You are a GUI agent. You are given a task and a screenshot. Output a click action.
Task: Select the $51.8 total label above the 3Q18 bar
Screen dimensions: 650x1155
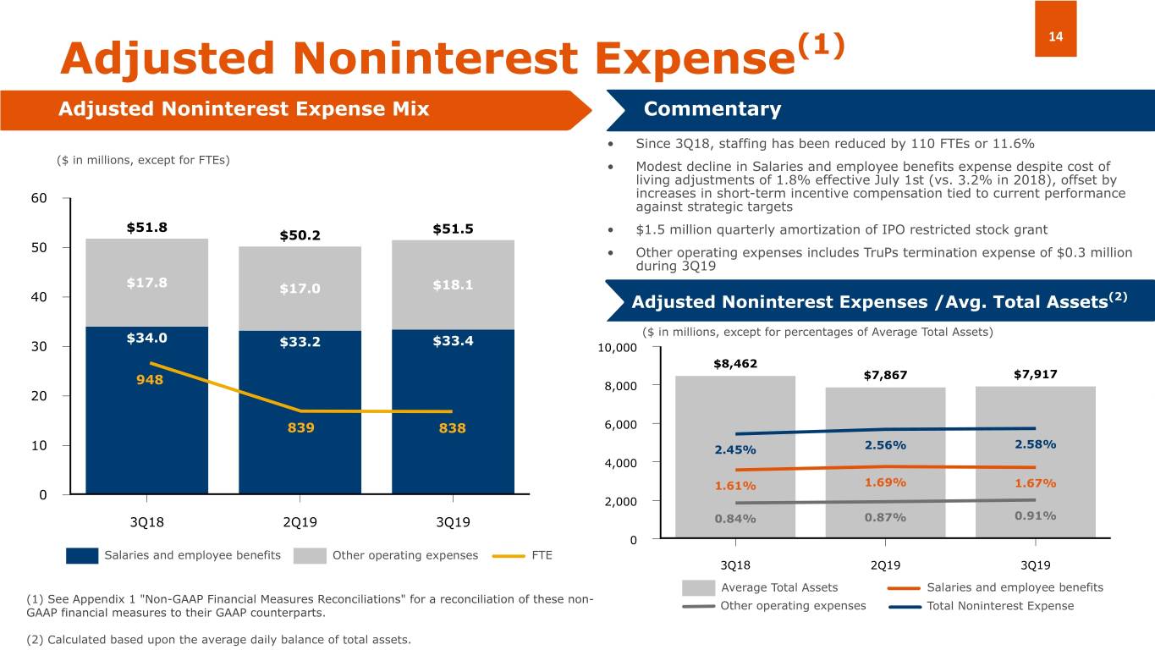146,228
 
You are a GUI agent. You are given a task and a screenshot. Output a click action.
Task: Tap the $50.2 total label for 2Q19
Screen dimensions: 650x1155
300,234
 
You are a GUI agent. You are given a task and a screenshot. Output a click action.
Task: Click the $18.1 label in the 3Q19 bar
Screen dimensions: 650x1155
453,284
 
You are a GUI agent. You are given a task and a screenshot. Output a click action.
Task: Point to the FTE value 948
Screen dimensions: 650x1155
150,379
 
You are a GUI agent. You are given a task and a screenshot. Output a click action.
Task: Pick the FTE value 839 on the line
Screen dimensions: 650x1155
300,427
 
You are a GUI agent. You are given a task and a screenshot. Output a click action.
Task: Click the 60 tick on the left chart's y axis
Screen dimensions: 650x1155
39,198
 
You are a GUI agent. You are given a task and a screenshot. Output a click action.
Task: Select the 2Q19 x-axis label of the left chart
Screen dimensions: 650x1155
300,522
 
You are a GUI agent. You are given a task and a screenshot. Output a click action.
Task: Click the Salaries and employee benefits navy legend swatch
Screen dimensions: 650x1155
82,556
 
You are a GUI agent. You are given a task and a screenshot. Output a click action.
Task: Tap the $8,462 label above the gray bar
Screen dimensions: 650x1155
734,364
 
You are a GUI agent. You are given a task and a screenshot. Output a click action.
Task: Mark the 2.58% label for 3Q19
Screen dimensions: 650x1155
1034,444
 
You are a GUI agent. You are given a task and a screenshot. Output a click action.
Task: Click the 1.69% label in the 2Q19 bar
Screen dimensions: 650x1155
885,482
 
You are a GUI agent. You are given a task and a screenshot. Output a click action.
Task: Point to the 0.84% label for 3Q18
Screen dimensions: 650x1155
735,519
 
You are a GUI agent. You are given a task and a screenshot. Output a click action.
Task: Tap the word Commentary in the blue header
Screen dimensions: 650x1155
712,109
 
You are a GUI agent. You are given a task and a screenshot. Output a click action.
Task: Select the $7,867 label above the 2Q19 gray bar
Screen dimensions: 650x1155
885,375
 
